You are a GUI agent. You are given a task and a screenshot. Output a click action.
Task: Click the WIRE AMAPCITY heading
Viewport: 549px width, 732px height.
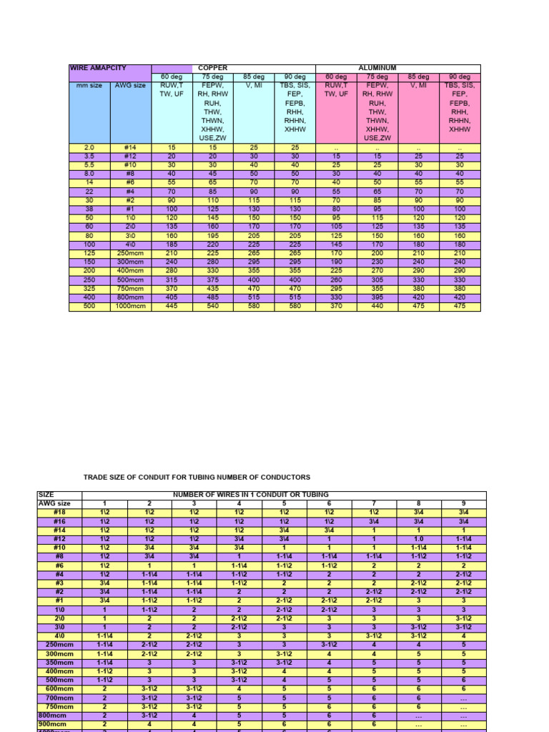coord(98,69)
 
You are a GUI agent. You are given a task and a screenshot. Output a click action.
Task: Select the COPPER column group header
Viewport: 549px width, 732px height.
coord(213,69)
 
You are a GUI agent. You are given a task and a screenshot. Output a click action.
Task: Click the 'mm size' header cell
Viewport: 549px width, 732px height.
coord(89,86)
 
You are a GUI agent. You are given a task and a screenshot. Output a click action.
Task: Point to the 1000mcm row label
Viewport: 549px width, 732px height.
coord(131,307)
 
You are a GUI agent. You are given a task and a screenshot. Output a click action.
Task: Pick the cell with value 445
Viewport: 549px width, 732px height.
coord(172,307)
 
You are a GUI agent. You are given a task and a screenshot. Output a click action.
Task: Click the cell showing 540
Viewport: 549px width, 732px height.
coord(213,307)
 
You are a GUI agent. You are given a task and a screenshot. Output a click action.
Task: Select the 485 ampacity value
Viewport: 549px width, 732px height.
coord(213,299)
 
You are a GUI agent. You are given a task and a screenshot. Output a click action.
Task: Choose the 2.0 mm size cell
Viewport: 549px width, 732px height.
coord(89,148)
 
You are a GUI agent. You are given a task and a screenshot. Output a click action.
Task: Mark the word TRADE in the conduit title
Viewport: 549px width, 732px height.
coord(97,477)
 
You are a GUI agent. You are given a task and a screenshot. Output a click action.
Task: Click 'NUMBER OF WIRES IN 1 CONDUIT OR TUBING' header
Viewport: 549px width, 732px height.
coord(251,495)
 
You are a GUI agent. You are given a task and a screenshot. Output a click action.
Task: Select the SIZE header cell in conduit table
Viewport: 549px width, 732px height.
coord(46,495)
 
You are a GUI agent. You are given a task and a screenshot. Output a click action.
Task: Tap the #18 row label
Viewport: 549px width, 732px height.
coord(59,512)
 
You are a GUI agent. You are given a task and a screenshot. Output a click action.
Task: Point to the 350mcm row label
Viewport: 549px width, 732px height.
coord(59,663)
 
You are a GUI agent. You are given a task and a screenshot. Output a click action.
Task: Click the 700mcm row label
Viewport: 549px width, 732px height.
coord(59,697)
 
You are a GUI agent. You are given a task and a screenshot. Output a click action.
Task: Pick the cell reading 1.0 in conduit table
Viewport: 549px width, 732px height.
coord(418,538)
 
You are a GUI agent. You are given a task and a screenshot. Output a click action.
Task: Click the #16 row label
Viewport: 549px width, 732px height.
coord(59,520)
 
